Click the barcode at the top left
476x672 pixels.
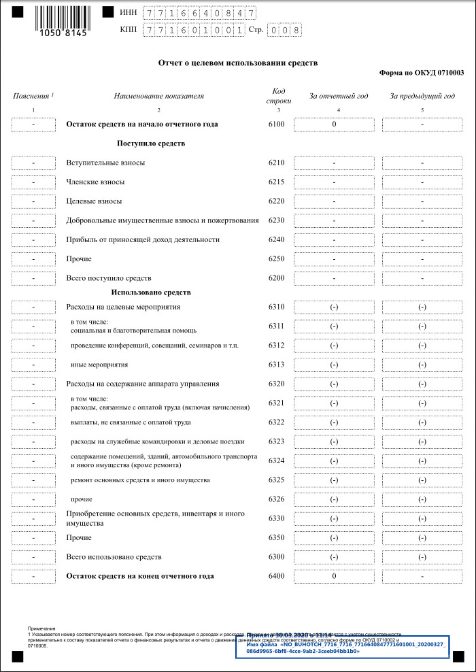coord(61,18)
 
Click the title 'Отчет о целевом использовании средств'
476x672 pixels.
coord(238,63)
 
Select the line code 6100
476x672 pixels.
coord(276,124)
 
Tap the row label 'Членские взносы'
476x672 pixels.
coord(95,182)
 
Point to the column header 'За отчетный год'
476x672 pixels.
coord(339,96)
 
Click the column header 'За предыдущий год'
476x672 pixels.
coord(422,96)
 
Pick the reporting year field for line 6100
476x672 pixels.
coord(334,124)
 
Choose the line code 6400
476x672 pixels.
coord(276,576)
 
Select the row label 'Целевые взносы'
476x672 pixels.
coord(94,201)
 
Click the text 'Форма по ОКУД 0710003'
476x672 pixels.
coord(422,72)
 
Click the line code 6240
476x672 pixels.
coord(276,239)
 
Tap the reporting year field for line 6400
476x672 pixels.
coord(334,576)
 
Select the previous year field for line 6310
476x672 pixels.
coord(422,307)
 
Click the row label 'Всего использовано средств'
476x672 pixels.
coord(114,557)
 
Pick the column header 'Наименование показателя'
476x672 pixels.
coord(158,96)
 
